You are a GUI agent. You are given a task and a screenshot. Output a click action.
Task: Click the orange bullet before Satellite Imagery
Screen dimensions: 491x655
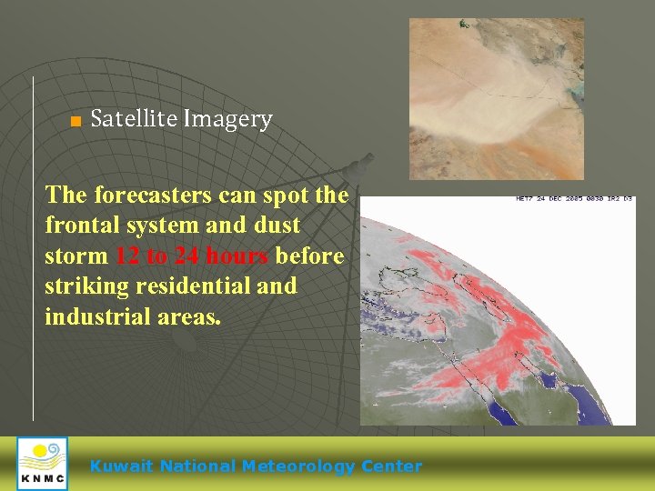coord(76,121)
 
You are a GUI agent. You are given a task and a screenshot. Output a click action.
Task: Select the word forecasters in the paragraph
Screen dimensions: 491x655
coord(157,195)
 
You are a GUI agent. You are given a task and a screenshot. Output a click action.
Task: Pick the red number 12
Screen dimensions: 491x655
coord(128,256)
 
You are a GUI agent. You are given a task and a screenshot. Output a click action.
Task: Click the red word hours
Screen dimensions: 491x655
coord(237,256)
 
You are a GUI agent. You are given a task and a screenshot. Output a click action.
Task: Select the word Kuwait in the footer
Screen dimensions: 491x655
coord(122,466)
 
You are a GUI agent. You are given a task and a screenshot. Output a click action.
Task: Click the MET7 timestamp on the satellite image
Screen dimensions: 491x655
coord(574,198)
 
